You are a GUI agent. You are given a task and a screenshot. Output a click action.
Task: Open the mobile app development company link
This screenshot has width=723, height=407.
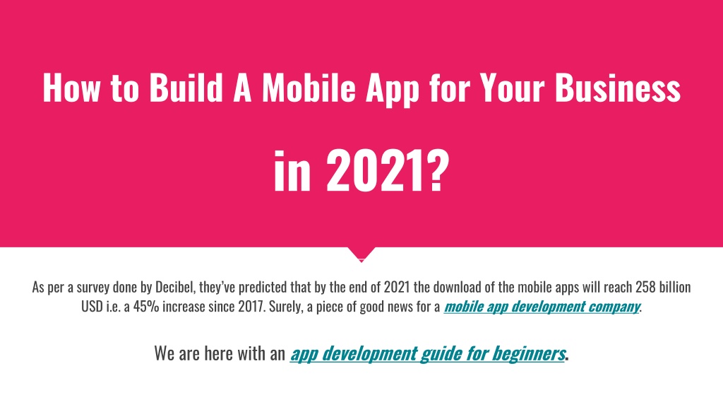[x=542, y=307]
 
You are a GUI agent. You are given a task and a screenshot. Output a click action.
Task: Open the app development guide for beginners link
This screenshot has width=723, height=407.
[x=427, y=353]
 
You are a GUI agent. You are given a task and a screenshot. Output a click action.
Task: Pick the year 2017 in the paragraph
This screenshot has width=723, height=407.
[x=252, y=307]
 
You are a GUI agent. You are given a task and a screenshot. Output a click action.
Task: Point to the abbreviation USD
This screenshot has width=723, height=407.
[x=92, y=307]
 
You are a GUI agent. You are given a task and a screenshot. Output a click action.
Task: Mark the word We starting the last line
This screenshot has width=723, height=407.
[x=165, y=353]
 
